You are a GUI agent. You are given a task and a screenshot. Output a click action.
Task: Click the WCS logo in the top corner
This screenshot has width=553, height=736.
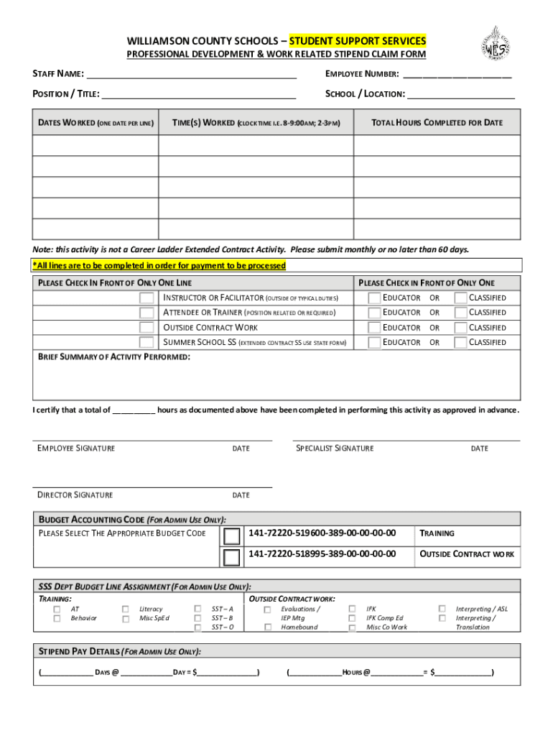click(496, 45)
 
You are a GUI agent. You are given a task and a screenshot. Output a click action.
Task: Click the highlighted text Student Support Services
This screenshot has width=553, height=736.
click(358, 40)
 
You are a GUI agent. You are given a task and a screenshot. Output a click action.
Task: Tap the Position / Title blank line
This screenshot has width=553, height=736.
click(199, 93)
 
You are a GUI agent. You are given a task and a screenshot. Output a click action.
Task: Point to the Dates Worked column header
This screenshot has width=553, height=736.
click(96, 123)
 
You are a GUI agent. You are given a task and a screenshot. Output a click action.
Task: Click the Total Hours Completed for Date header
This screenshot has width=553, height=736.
click(437, 123)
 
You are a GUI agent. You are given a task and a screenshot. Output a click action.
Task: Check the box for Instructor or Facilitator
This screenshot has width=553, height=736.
click(147, 298)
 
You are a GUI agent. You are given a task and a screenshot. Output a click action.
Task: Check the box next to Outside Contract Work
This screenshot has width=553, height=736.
click(147, 328)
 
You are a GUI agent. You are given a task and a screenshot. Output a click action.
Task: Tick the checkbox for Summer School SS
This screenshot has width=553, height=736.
click(147, 343)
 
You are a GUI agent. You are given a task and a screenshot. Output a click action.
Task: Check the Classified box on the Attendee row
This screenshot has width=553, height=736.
click(460, 313)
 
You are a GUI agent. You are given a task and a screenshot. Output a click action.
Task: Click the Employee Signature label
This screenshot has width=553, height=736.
click(76, 448)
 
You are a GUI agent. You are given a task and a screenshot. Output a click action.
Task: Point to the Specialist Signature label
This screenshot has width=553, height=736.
click(335, 448)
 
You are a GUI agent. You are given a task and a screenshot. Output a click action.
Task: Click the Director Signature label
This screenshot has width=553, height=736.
click(75, 495)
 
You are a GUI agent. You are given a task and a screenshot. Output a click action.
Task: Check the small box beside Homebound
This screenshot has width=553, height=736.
click(267, 627)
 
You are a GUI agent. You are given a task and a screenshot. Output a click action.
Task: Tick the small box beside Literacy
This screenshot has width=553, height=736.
click(126, 609)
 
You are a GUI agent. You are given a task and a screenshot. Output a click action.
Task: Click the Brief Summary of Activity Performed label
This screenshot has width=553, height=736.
click(114, 357)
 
